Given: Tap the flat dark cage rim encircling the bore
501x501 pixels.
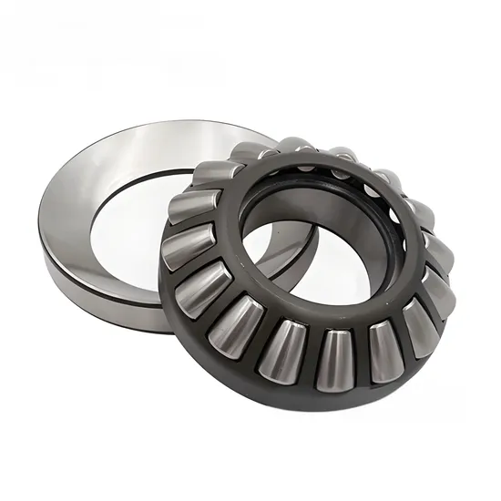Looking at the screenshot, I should tap(273, 291).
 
